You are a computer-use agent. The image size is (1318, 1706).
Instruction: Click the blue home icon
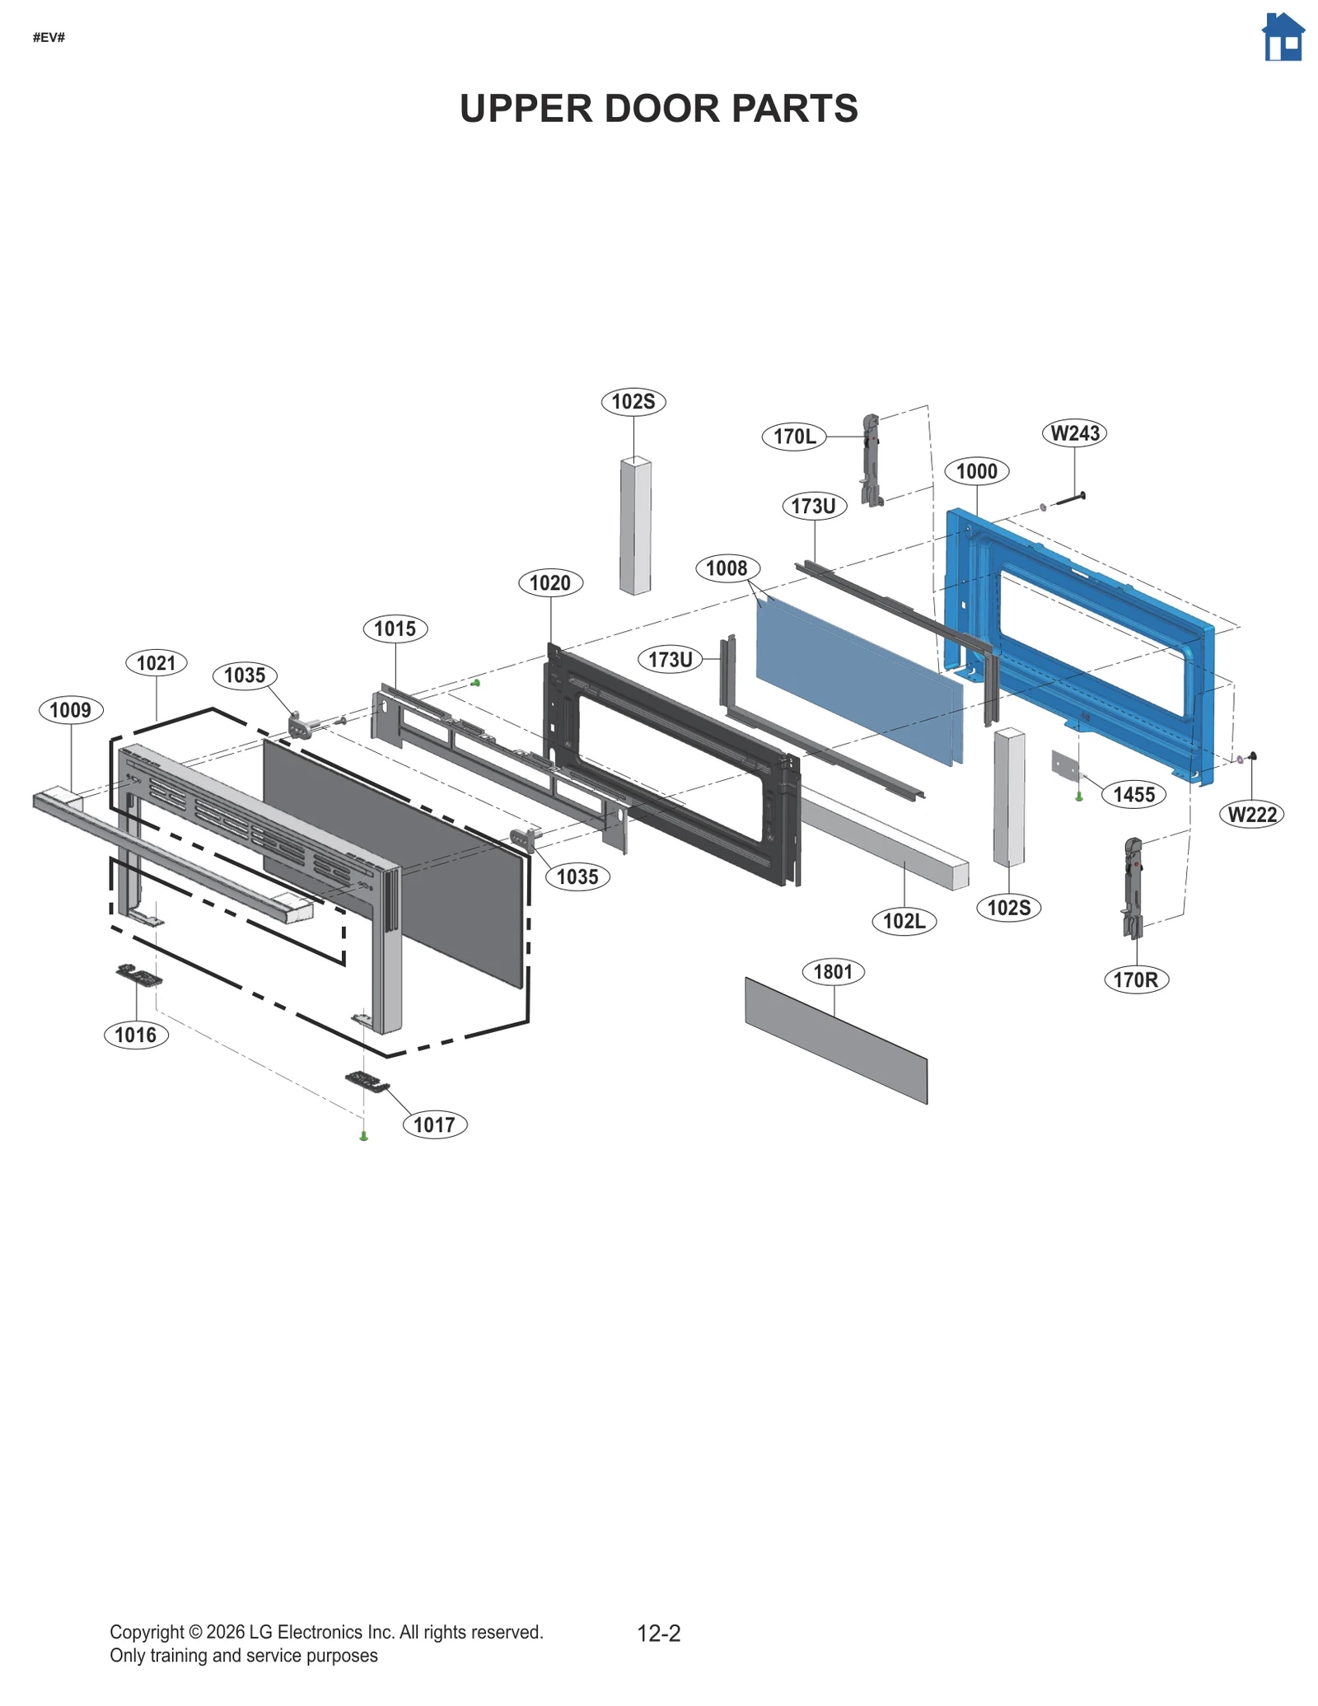coord(1283,38)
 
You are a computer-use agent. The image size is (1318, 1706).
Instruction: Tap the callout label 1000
coord(976,471)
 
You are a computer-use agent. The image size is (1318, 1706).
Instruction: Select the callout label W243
coord(1075,433)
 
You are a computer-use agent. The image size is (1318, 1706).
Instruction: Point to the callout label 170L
coord(794,436)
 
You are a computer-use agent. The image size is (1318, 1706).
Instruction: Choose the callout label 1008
coord(727,568)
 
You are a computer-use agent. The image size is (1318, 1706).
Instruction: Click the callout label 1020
coord(550,583)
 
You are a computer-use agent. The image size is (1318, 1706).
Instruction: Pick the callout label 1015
coord(395,629)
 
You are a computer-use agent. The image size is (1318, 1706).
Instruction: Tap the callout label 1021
coord(157,663)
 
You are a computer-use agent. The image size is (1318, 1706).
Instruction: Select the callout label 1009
coord(71,710)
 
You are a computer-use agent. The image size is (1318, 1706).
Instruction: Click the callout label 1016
coord(136,1035)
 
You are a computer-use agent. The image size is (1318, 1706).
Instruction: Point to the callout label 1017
coord(434,1124)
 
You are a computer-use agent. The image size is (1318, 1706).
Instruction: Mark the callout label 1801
coord(833,972)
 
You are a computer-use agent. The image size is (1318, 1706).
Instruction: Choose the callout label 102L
coord(904,921)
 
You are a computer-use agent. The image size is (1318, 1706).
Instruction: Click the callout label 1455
coord(1133,795)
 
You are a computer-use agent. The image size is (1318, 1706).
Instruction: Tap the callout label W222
coord(1251,816)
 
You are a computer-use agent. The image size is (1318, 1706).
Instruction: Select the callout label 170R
coord(1136,980)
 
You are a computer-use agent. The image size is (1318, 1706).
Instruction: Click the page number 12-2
coord(659,1633)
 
